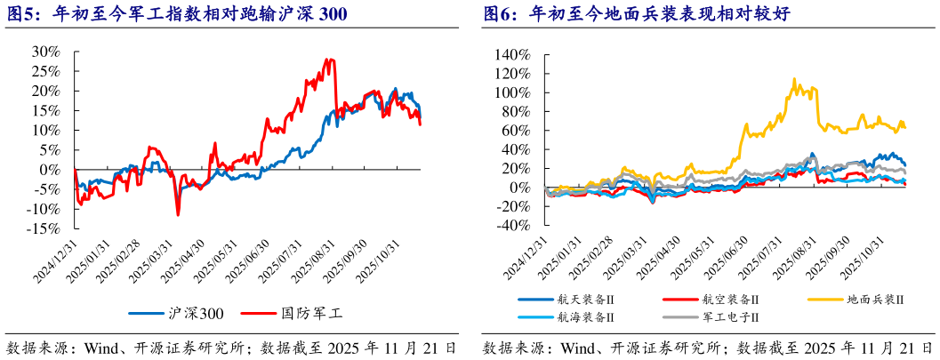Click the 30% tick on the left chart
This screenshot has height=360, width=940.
pos(46,52)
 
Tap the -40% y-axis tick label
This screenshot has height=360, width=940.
pos(513,226)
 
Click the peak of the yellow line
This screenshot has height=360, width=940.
pos(793,78)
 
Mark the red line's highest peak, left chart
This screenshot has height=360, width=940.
pos(329,60)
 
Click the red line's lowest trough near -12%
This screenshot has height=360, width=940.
pos(178,214)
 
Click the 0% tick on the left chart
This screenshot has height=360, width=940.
pos(50,169)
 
